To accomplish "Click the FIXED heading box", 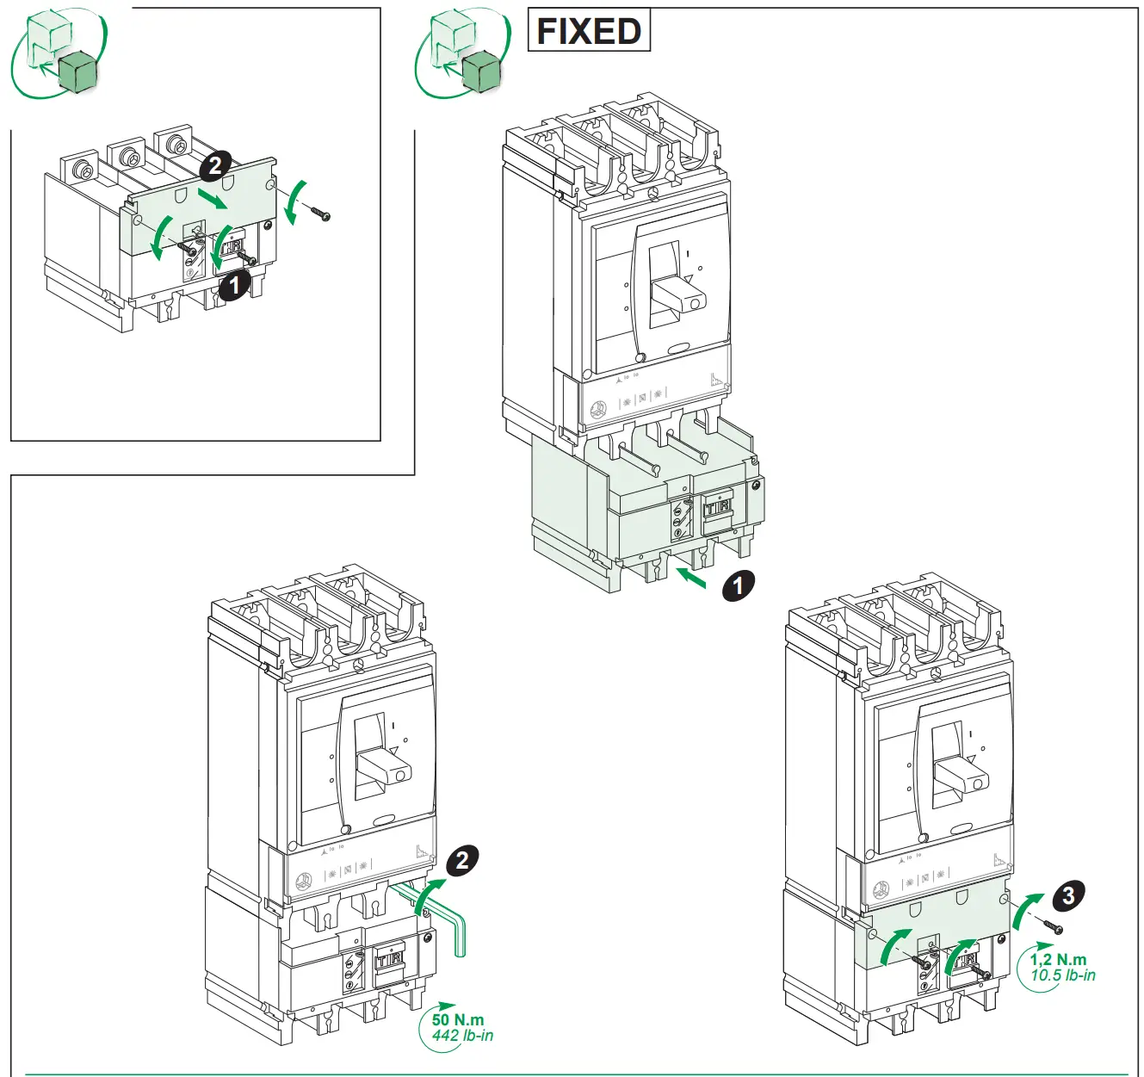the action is coord(588,31).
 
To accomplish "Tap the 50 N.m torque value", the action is coord(457,1019).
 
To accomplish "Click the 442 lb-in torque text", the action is coord(462,1036).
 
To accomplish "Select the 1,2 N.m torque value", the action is coord(1058,959).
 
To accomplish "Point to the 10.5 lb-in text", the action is coord(1063,975).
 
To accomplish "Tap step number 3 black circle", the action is coord(1068,895).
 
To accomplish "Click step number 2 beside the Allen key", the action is coord(462,859).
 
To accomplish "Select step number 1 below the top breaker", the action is coord(738,585).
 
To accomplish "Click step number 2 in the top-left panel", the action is coord(215,164).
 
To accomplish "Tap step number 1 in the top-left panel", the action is coord(234,284).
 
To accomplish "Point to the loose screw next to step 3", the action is coord(1053,927).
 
